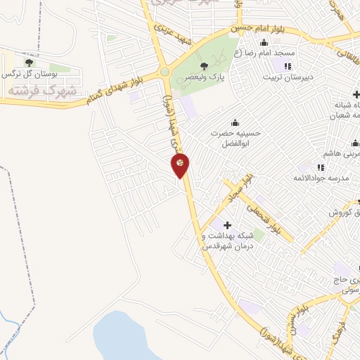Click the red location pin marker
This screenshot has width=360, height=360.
180,165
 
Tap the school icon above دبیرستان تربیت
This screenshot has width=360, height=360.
287,66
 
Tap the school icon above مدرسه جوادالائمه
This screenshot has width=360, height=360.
320,167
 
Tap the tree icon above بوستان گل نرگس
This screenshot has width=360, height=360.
28,63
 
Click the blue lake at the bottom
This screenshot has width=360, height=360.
127,337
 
